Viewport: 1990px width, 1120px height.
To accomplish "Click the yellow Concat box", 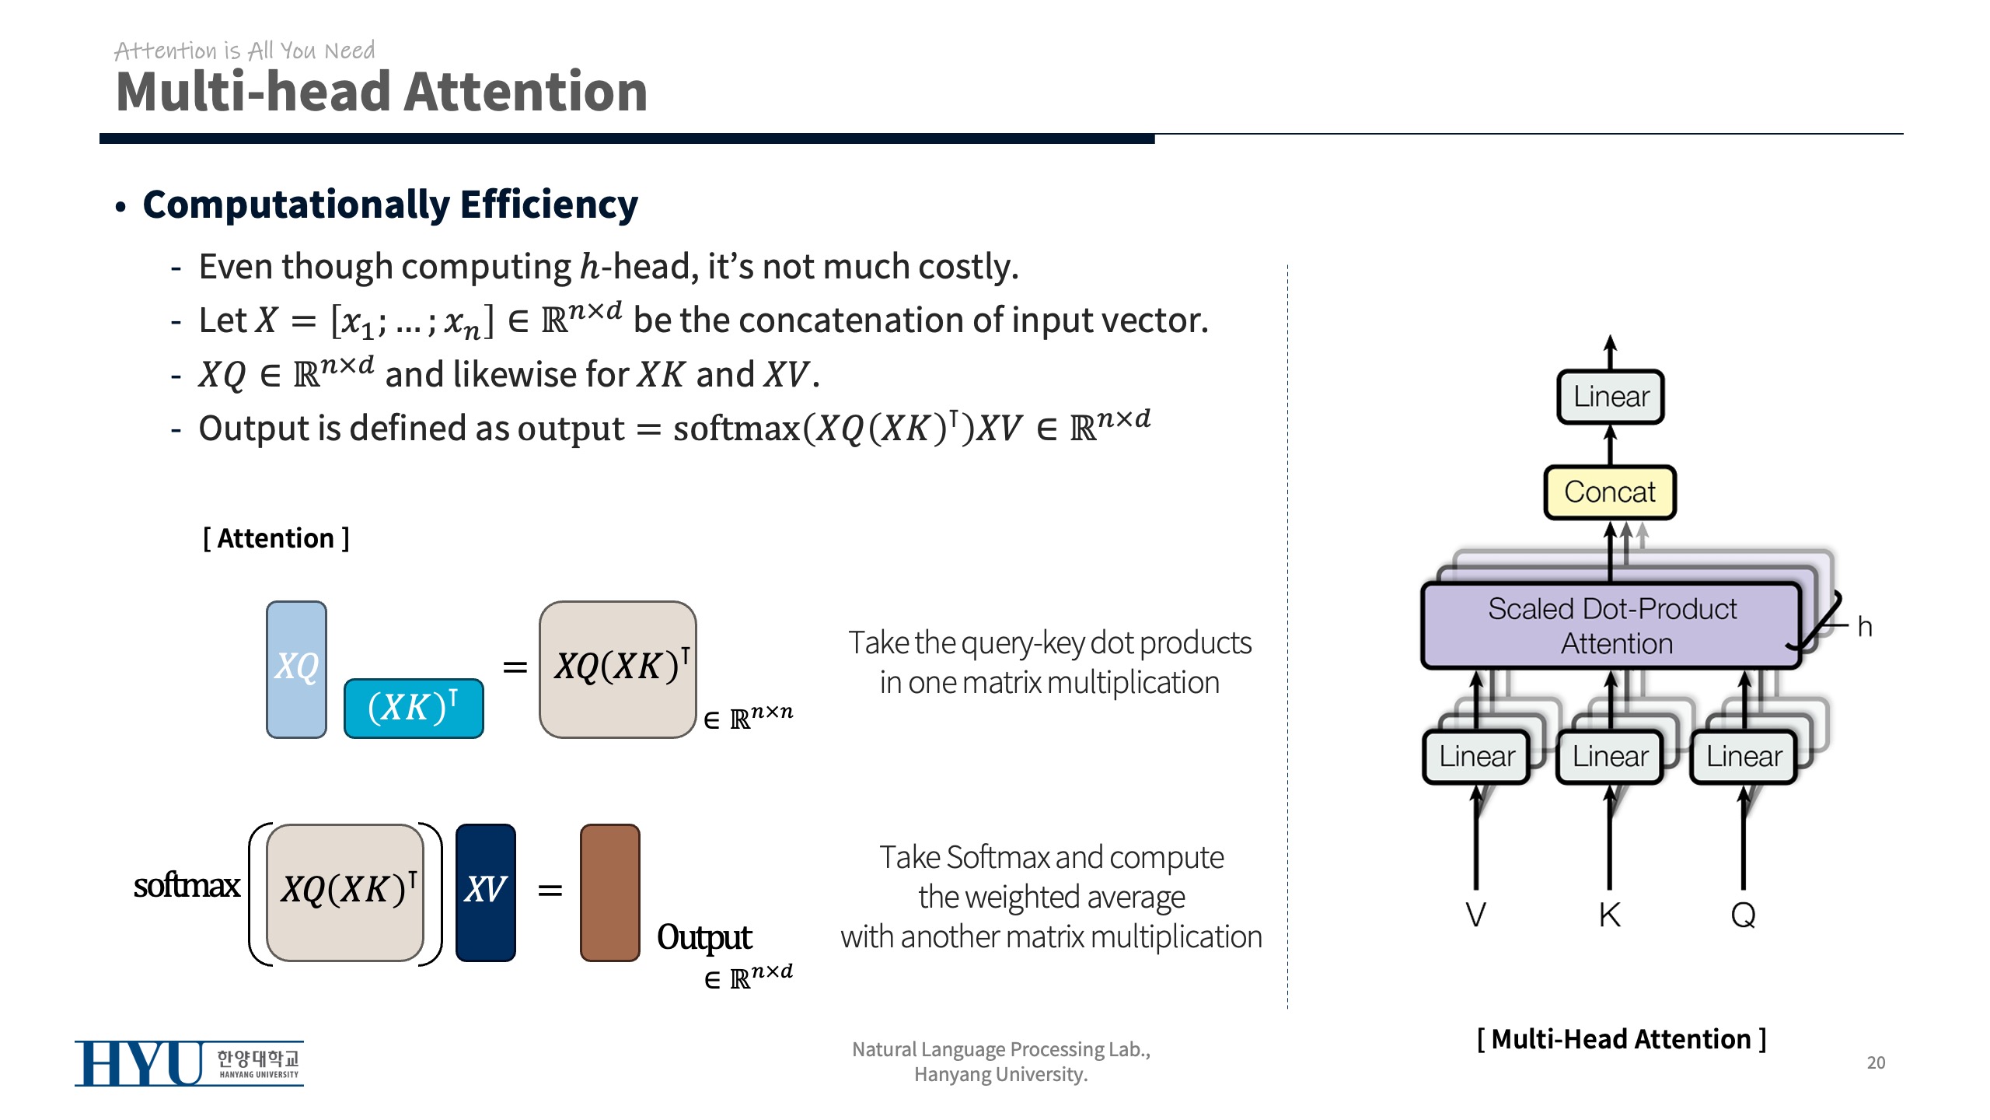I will tap(1609, 492).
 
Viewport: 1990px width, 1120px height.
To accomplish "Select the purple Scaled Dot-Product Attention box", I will tap(1611, 626).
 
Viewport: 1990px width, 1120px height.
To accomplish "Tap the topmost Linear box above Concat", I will tap(1611, 397).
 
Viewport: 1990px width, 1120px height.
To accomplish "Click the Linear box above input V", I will tap(1476, 756).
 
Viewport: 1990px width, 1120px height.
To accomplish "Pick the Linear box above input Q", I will tap(1744, 756).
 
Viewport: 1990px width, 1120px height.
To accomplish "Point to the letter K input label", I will tap(1610, 915).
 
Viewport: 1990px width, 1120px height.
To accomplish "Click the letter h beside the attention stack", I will tap(1864, 627).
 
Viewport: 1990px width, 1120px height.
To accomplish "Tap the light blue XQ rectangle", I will tap(296, 669).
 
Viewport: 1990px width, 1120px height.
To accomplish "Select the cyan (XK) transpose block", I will tap(414, 708).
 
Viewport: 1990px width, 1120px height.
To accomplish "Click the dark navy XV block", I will tap(485, 892).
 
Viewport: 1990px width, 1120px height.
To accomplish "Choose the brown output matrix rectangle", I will tap(610, 892).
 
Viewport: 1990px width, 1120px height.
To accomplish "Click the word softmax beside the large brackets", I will tap(187, 885).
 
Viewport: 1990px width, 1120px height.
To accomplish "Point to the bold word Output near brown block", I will tap(704, 937).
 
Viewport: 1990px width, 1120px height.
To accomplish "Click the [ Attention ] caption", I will tap(276, 538).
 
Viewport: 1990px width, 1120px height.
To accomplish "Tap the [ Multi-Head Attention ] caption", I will tap(1622, 1039).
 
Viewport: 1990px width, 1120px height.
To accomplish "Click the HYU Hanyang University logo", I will tap(189, 1063).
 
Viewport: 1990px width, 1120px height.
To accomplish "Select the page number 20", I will tap(1876, 1062).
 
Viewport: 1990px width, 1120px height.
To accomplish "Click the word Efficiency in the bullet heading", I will tap(549, 205).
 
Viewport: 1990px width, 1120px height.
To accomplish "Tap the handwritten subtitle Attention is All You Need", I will tap(245, 51).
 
